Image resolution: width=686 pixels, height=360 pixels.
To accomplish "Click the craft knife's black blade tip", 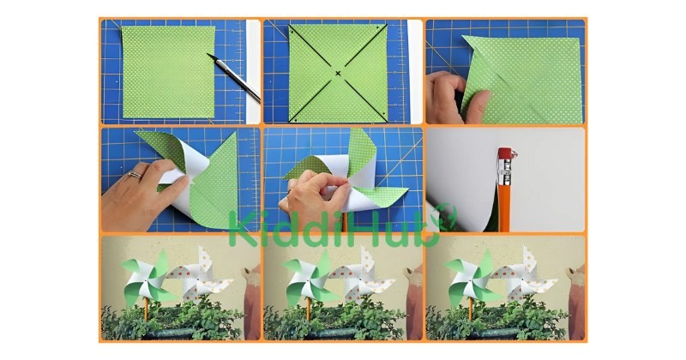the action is tap(208, 55).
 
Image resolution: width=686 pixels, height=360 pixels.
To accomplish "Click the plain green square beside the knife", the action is tap(168, 72).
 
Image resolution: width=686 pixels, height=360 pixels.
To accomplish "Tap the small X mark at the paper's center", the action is tap(338, 73).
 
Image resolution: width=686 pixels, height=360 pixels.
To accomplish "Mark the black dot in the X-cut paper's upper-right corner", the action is tap(377, 27).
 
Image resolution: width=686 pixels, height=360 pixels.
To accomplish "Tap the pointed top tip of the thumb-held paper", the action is tap(463, 36).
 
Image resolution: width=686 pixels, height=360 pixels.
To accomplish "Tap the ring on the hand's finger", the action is tap(135, 175).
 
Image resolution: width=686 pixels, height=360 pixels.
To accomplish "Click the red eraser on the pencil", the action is tap(504, 154).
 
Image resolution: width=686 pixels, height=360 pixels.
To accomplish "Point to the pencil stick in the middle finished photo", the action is tap(309, 309).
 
